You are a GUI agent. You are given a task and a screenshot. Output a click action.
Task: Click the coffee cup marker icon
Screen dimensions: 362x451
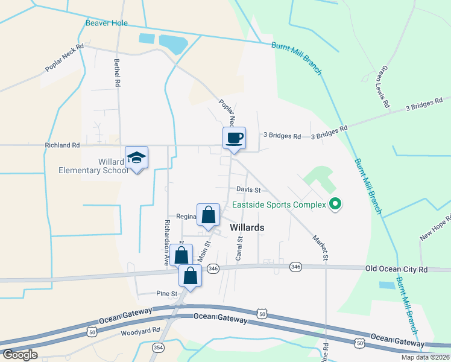(235, 138)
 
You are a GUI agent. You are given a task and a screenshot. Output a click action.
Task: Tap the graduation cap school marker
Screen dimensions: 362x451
(136, 158)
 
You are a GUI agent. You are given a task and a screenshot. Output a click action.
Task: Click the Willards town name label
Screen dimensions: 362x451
(247, 227)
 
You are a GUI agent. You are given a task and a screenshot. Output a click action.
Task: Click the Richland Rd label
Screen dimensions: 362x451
(62, 145)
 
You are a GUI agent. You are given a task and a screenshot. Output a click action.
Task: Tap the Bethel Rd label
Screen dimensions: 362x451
(118, 72)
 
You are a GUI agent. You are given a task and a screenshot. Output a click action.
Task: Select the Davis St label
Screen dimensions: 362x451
(248, 189)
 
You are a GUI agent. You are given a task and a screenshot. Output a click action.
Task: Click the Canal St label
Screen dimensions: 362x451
(239, 248)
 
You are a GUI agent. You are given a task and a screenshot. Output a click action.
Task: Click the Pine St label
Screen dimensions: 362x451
(167, 294)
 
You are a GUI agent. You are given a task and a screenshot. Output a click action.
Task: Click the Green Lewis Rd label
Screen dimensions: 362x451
(382, 88)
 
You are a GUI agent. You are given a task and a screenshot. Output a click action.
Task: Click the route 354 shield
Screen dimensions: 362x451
(159, 348)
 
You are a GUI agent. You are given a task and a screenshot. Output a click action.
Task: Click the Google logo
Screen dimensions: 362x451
(19, 355)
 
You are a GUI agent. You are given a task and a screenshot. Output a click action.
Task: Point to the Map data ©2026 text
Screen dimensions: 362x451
(425, 357)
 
